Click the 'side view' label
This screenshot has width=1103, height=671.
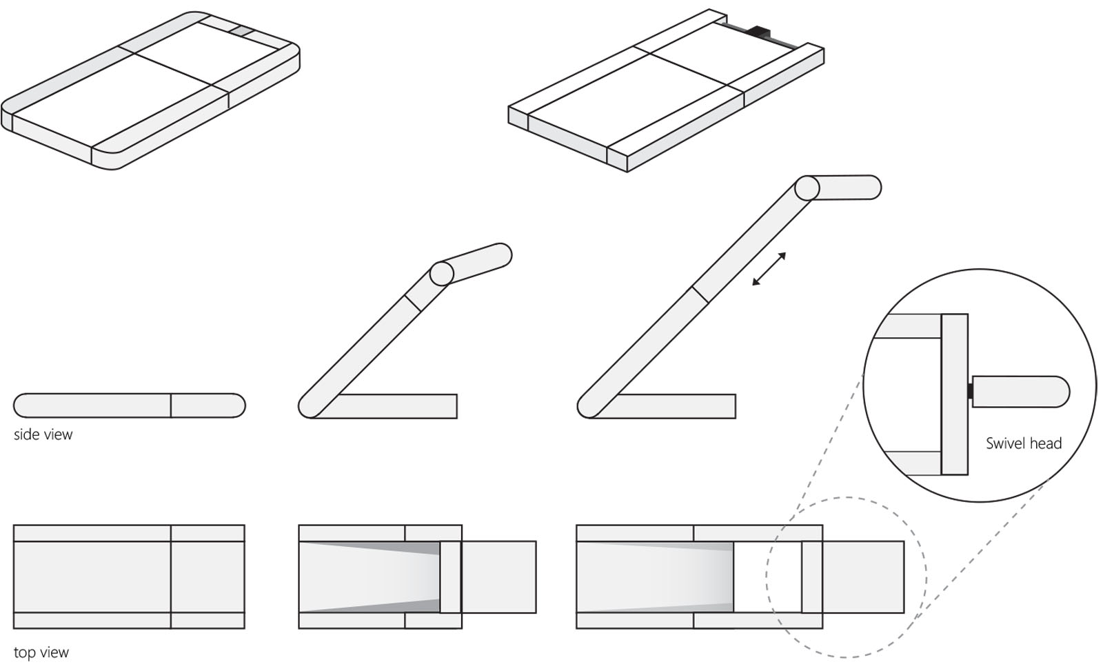[43, 434]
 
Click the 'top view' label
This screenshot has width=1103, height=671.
[41, 652]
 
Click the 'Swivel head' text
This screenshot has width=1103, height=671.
[1023, 443]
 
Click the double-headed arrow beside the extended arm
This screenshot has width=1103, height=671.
[769, 269]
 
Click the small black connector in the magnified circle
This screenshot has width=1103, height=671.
[970, 392]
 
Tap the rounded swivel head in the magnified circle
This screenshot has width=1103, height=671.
[1020, 392]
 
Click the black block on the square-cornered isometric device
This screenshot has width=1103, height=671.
[761, 32]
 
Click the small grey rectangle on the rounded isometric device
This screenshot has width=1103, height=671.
[241, 31]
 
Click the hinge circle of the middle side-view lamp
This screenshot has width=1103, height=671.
[441, 274]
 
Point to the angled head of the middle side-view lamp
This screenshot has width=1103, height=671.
[479, 263]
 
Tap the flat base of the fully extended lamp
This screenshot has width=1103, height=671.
[676, 406]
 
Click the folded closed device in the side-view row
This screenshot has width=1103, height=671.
[129, 405]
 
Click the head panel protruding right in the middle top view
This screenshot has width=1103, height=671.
[498, 577]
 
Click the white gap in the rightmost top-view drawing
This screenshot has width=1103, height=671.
[767, 577]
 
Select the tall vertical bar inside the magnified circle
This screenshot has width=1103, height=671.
[954, 394]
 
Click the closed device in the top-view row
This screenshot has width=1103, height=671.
[129, 577]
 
